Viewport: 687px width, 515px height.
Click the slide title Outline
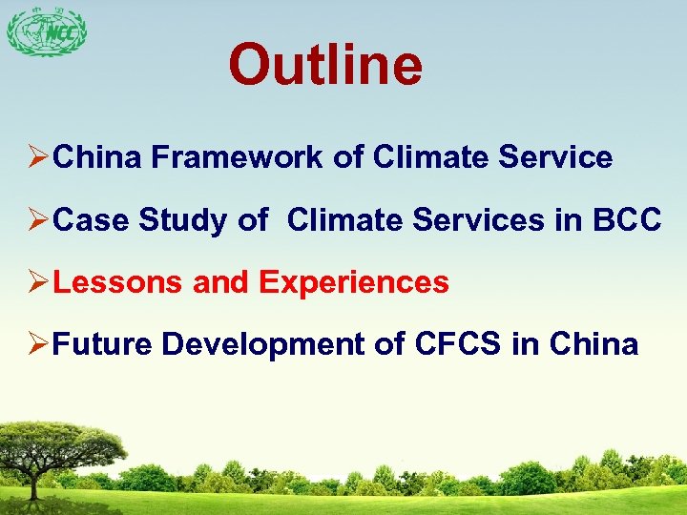pyautogui.click(x=324, y=65)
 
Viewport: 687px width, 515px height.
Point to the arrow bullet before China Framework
pyautogui.click(x=38, y=158)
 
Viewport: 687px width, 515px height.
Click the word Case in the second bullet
pyautogui.click(x=92, y=220)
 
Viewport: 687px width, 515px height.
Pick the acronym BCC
pyautogui.click(x=625, y=220)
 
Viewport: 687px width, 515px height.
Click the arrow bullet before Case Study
pyautogui.click(x=38, y=221)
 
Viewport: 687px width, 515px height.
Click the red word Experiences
pyautogui.click(x=353, y=282)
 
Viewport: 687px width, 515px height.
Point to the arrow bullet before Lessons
pyautogui.click(x=38, y=283)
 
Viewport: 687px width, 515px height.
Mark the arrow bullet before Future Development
pyautogui.click(x=38, y=345)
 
